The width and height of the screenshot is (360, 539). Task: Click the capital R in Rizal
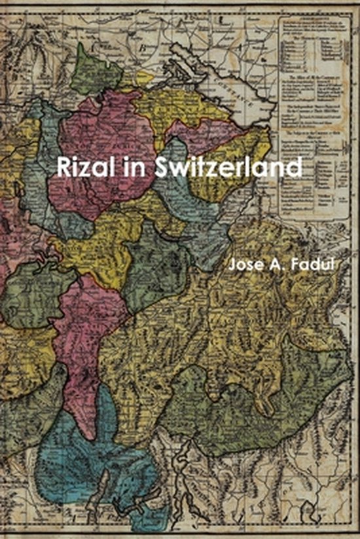64,166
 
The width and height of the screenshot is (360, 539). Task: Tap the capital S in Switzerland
163,166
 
